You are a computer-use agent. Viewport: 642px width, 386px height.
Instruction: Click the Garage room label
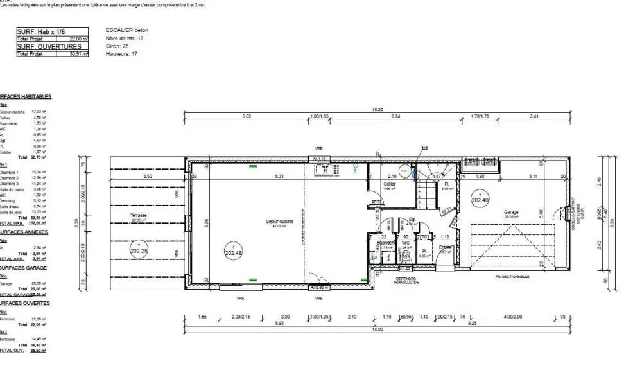coord(511,211)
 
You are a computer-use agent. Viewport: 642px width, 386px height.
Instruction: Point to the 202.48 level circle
coord(233,250)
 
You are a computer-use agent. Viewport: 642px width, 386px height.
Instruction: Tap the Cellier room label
coord(389,184)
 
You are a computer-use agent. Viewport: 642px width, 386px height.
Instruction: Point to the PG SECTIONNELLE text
coord(513,277)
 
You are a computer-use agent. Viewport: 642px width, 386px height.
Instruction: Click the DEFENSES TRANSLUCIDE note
coord(406,281)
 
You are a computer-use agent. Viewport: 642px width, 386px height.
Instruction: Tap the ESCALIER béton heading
coord(125,30)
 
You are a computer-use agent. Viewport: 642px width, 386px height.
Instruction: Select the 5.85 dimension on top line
coord(247,116)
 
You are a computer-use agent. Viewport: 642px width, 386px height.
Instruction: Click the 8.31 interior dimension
coord(279,175)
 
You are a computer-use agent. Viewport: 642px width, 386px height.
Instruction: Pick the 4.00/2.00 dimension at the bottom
coord(514,317)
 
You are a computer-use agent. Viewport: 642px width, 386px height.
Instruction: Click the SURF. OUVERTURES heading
coord(49,47)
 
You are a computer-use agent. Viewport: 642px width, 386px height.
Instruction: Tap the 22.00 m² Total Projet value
coord(78,39)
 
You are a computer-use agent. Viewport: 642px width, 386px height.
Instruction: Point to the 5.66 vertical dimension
coord(207,222)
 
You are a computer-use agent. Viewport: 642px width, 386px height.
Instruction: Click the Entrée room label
coord(444,248)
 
